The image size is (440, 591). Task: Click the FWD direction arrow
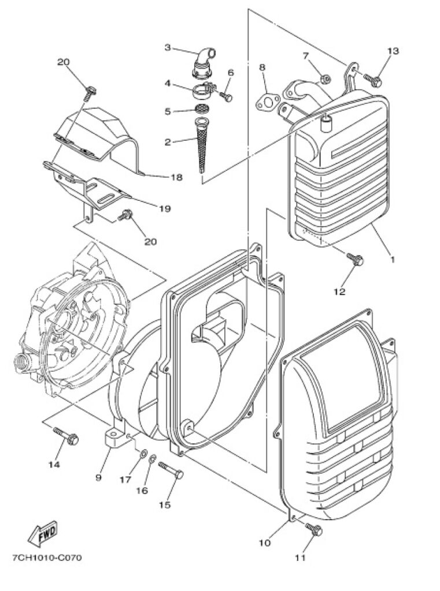tap(43, 534)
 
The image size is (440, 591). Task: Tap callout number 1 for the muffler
tap(392, 260)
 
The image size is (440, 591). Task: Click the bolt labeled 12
tap(355, 259)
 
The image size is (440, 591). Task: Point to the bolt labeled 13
tap(373, 80)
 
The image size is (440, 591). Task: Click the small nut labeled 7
tap(326, 79)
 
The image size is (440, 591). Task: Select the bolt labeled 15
tap(171, 469)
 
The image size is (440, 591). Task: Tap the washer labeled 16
tap(153, 459)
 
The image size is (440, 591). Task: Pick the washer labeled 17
tap(144, 452)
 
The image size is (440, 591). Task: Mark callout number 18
tap(176, 177)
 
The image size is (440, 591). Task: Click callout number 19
tap(164, 208)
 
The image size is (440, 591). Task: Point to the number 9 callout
tap(98, 477)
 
